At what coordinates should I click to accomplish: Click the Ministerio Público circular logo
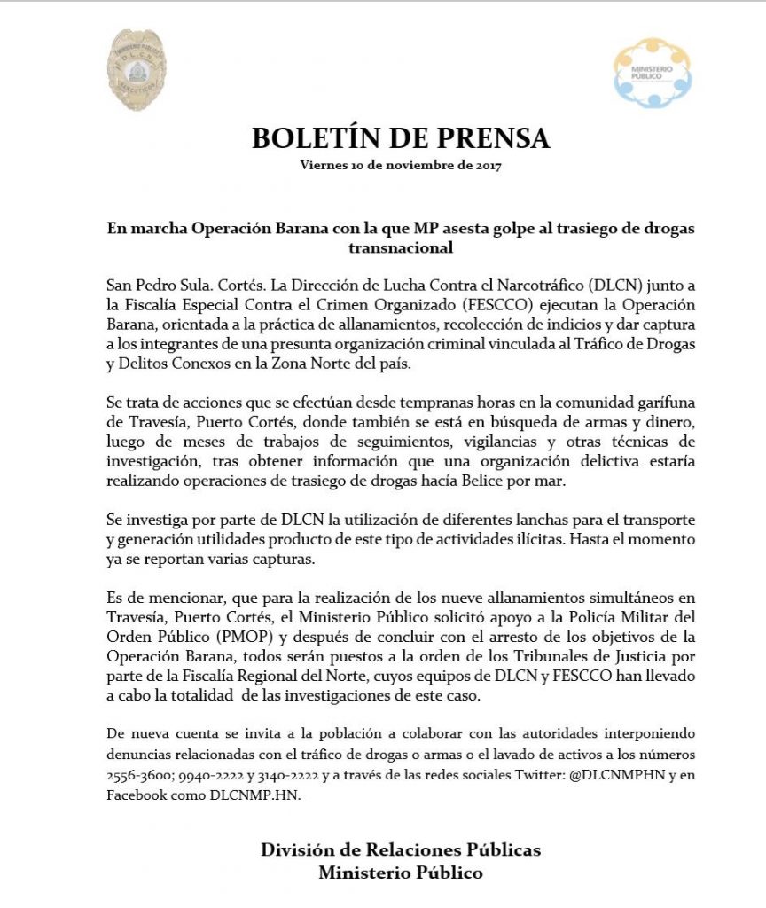(x=653, y=73)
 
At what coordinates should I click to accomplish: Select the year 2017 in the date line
(x=486, y=165)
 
